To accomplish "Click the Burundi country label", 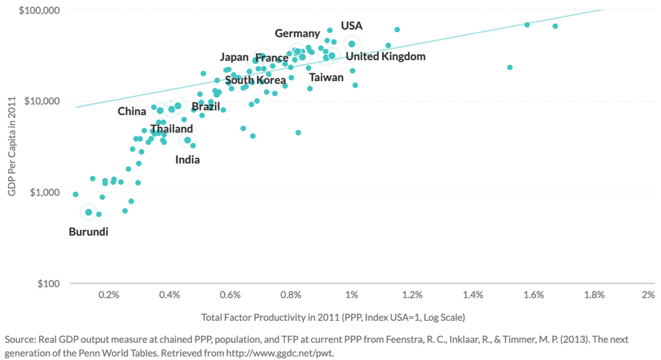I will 88,232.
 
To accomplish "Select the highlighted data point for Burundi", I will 89,212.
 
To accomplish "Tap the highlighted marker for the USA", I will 352,44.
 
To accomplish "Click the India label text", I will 188,159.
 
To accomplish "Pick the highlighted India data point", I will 188,140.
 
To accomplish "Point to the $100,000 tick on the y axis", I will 39,10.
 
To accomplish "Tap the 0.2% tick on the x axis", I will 109,295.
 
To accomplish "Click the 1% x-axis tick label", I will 352,295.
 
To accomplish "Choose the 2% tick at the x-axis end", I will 648,295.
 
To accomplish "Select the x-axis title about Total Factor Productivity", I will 333,317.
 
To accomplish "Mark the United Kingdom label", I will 385,56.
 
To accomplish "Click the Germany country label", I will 297,33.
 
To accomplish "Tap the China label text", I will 132,111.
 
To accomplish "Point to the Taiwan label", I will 326,77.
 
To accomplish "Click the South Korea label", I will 255,80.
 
